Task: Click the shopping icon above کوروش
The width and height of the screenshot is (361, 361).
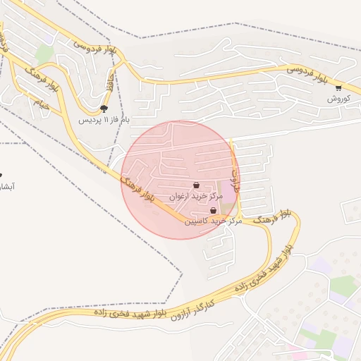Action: click(x=338, y=88)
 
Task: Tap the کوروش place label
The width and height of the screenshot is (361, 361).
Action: click(x=338, y=99)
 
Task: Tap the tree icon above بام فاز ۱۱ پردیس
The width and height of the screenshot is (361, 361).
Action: click(x=104, y=109)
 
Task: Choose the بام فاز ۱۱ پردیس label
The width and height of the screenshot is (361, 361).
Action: click(x=104, y=120)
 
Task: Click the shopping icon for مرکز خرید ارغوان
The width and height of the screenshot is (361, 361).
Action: click(x=196, y=185)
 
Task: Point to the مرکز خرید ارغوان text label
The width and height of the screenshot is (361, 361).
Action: click(x=197, y=196)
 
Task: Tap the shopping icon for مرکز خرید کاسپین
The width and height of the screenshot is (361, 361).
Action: click(x=213, y=210)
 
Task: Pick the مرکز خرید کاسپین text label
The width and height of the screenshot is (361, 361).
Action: click(x=214, y=221)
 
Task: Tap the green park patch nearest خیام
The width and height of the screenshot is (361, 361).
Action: click(x=45, y=54)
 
